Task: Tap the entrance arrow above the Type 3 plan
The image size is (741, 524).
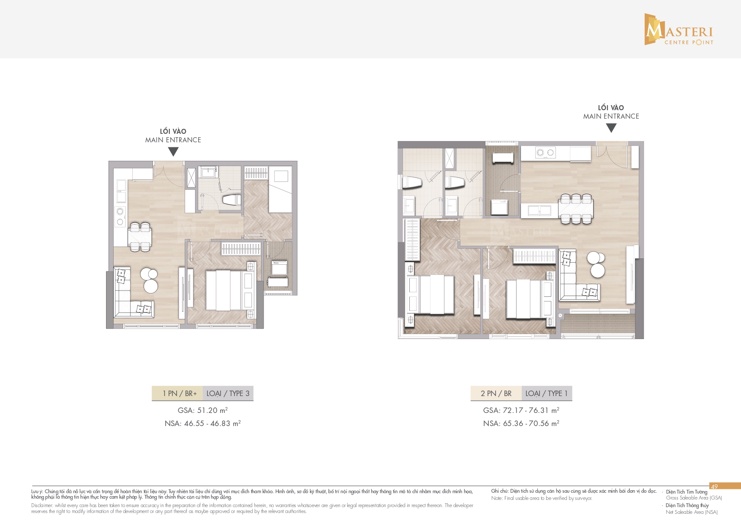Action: (x=173, y=152)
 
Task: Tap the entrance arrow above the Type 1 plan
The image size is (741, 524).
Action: (x=611, y=128)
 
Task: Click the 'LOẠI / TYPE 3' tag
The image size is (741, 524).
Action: (x=228, y=394)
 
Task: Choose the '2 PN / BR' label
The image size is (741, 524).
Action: (x=496, y=394)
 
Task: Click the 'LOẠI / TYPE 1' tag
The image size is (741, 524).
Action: (x=547, y=394)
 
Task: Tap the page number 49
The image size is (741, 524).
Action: (x=714, y=486)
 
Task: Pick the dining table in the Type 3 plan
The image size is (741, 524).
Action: (x=140, y=237)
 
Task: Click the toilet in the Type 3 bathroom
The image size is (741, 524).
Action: (x=231, y=200)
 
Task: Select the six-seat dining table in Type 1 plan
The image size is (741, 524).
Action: (x=575, y=208)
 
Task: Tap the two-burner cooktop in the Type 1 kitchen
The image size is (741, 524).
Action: (x=545, y=152)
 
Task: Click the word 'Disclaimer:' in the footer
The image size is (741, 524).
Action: (x=42, y=505)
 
